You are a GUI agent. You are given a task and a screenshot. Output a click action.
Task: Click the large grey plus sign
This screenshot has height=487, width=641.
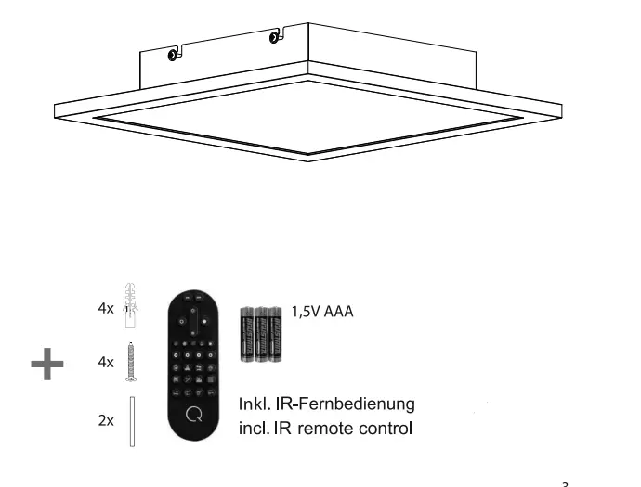(47, 364)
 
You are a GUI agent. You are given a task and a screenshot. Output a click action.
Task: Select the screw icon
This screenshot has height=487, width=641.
(130, 363)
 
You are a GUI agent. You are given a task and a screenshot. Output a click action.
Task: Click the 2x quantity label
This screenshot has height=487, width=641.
(105, 420)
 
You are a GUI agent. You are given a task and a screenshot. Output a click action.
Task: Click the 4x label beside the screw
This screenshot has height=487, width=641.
(105, 363)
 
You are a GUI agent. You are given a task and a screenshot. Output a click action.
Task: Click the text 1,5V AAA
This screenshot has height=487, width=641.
(322, 312)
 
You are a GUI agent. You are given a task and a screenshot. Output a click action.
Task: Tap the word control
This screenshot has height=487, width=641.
(385, 429)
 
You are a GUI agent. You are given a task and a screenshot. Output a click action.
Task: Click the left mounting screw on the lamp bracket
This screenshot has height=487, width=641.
(173, 56)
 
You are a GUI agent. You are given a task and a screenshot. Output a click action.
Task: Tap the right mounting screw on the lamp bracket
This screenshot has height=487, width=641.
(274, 38)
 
